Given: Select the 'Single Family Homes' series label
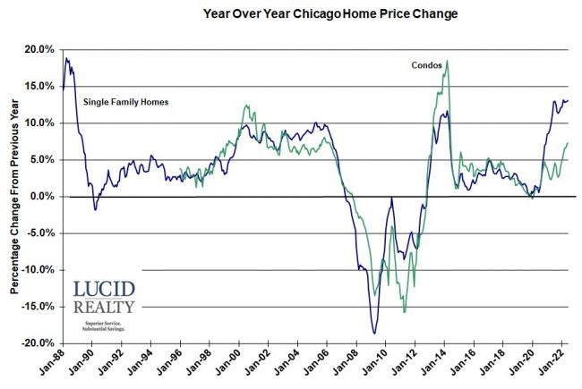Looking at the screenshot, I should pyautogui.click(x=126, y=102).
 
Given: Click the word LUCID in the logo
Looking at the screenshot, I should pyautogui.click(x=105, y=291).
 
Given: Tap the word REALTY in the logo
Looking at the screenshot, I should pyautogui.click(x=105, y=308).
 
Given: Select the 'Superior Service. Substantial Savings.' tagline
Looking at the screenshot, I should pyautogui.click(x=105, y=325).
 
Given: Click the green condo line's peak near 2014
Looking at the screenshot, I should pyautogui.click(x=447, y=61).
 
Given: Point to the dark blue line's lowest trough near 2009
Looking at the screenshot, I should pyautogui.click(x=373, y=334).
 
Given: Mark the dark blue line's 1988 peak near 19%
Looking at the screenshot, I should pyautogui.click(x=66, y=59).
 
